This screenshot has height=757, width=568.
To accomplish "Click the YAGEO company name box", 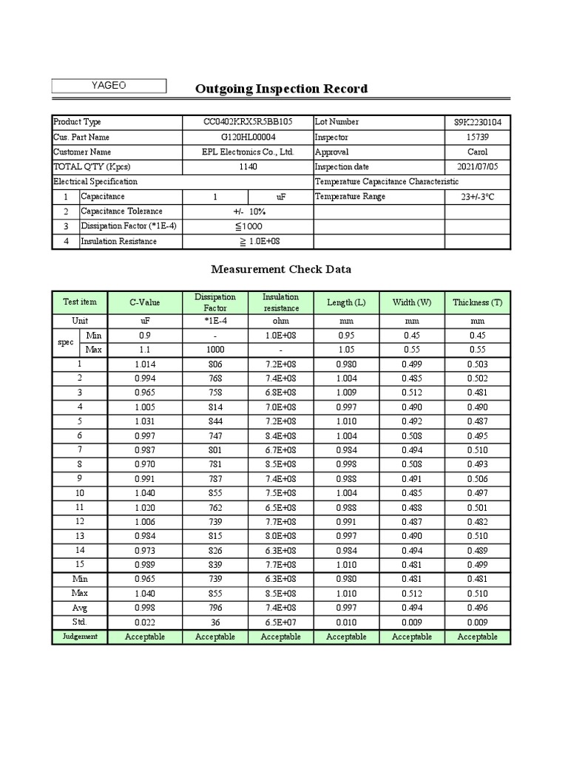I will tap(109, 86).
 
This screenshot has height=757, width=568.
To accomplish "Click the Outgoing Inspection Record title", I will tap(281, 89).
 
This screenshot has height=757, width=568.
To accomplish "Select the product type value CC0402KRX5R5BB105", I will tap(248, 122).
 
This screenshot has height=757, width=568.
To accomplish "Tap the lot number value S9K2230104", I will tap(477, 122).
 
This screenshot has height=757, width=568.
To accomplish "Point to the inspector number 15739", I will tap(477, 137).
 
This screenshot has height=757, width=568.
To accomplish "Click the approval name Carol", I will tap(477, 152).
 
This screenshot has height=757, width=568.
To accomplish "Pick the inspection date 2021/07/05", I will tap(477, 167).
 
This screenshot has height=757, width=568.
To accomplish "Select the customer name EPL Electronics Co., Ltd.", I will tap(248, 152).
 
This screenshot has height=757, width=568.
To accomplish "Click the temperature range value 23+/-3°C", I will tap(477, 197).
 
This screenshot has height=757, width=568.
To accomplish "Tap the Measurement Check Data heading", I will tap(281, 269).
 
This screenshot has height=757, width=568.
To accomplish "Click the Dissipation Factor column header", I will tap(215, 302).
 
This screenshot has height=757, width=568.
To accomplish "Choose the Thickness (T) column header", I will tap(477, 302).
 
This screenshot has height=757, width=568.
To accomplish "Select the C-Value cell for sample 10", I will tap(146, 493).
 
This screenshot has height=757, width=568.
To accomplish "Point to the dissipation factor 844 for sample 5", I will tap(215, 421).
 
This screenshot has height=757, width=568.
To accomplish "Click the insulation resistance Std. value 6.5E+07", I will tap(281, 622).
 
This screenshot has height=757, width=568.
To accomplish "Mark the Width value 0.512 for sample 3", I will tap(412, 393).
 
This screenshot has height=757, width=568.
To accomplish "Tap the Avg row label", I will tap(80, 608).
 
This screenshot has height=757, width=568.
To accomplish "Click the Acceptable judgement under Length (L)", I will tap(346, 637).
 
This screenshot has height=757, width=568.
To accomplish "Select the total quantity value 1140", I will tap(248, 167).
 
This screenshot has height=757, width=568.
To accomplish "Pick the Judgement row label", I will tap(80, 637).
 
